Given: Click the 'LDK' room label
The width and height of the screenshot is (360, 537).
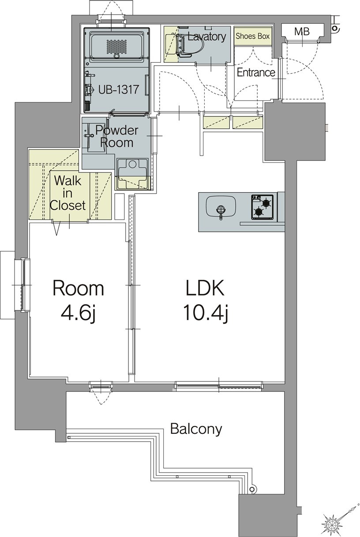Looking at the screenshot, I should point(205,288).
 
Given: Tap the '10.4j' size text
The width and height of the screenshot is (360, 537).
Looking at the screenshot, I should point(205,313).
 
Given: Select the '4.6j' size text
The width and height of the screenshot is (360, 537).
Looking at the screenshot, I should point(79,313).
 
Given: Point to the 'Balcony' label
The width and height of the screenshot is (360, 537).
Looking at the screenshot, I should point(196,429).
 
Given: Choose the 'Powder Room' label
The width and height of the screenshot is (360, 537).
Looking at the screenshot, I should point(117,136).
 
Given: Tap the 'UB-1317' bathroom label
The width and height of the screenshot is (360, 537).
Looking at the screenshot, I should point(119,89).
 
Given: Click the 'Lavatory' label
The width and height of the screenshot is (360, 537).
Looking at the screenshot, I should point(206,37).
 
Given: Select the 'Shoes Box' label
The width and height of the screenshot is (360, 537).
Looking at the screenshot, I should point(253,36).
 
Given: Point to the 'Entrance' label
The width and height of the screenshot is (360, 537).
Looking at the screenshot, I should point(256,73).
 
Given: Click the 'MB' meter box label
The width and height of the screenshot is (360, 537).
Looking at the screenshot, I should point(302,32).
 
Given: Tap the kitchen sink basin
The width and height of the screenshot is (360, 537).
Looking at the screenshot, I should point(220,206).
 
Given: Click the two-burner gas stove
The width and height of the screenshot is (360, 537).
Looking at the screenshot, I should point(262,207).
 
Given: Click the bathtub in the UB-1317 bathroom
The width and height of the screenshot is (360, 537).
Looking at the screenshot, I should point(117,45).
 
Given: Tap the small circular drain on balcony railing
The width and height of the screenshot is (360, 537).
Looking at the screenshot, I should point(252,489).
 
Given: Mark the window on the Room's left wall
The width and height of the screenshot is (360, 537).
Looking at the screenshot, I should point(22,285).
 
